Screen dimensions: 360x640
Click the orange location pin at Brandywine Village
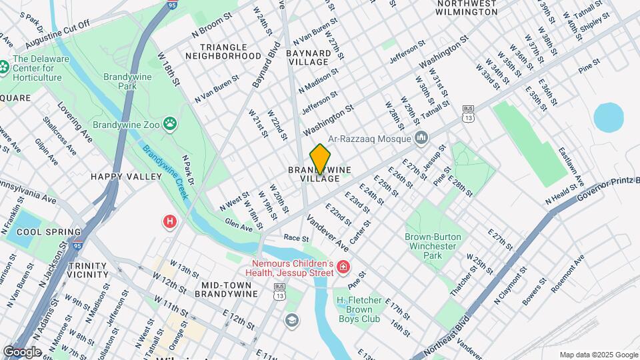(321, 159)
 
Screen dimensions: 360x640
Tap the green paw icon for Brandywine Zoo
(171, 123)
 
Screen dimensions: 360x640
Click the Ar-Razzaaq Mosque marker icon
(421, 138)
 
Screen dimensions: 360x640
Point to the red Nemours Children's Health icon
(343, 267)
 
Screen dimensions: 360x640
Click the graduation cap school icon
(291, 321)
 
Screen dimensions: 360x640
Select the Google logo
(22, 351)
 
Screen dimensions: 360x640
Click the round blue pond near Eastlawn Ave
(608, 117)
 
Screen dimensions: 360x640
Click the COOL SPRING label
(43, 232)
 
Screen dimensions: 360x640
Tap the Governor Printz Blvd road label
(607, 189)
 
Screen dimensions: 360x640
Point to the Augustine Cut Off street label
(57, 35)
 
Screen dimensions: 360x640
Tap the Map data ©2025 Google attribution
(597, 355)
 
